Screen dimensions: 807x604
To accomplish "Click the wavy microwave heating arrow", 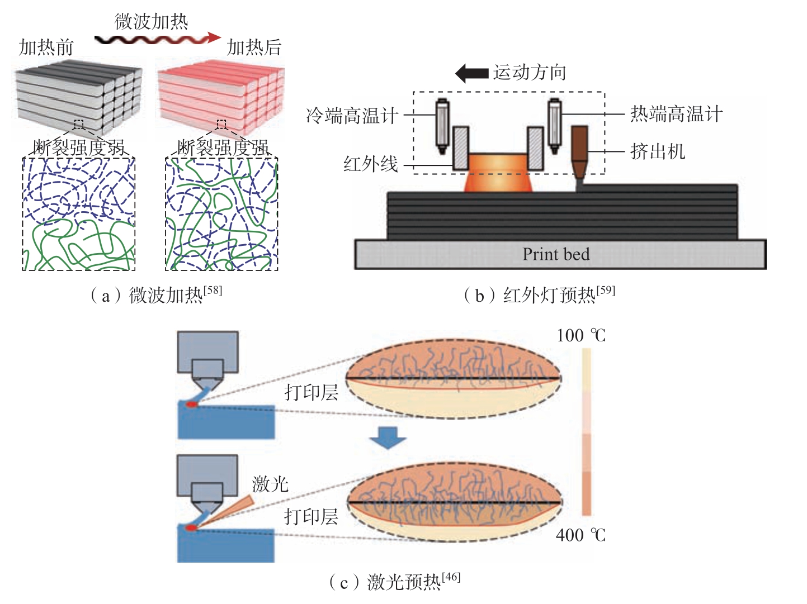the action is (158, 39).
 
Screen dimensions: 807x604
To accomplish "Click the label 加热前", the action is (46, 47).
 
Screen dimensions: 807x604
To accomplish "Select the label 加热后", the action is (254, 47).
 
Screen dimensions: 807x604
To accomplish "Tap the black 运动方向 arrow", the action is (471, 73).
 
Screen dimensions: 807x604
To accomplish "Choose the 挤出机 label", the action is (658, 151).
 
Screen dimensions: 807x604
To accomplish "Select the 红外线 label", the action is (371, 164).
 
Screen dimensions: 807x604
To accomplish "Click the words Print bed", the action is (556, 254).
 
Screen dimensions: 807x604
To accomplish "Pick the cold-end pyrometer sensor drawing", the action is (442, 126).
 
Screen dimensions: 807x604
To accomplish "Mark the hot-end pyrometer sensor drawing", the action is (555, 126).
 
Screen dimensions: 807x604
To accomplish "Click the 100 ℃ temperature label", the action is (581, 335).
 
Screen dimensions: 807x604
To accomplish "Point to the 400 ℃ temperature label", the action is (581, 535).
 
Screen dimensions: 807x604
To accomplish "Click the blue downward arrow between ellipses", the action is (388, 437).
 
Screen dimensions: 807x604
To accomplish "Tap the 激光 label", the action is (270, 484).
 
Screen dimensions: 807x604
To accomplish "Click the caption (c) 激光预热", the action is (394, 582).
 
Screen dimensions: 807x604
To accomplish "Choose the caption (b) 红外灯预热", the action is (539, 295).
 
